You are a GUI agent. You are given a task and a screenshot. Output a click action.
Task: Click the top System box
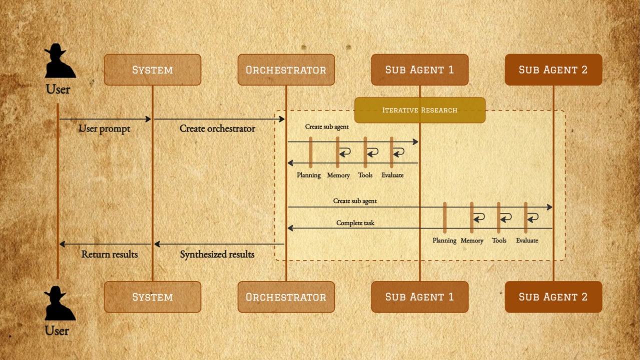click(x=153, y=70)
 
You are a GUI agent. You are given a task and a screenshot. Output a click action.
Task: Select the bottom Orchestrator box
click(x=286, y=297)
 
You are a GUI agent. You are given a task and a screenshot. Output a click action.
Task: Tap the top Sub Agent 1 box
click(x=419, y=70)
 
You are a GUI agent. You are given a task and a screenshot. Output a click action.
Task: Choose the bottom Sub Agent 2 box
click(x=553, y=297)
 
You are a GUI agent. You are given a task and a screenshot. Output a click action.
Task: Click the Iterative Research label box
click(x=419, y=110)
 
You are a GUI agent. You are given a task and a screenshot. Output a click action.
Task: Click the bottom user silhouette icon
click(x=60, y=303)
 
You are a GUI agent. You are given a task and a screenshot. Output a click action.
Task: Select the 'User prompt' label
click(x=104, y=129)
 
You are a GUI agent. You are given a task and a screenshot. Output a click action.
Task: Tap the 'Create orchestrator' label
click(x=217, y=129)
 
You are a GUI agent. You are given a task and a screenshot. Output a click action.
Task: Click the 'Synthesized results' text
click(x=217, y=254)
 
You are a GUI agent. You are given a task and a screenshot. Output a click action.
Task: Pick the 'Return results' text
click(x=110, y=254)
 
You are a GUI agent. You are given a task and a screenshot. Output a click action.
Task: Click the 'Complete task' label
click(x=355, y=223)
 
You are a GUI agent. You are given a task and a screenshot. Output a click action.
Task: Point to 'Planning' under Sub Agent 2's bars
click(x=444, y=240)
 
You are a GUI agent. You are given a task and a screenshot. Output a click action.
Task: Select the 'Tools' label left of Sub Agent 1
click(x=365, y=175)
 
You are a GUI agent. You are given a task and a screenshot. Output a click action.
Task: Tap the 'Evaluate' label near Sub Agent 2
click(x=527, y=240)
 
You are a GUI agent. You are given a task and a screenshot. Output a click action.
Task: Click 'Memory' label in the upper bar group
click(x=338, y=175)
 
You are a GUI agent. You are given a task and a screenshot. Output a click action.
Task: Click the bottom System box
click(x=153, y=297)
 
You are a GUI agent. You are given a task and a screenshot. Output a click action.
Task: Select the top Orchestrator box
click(x=286, y=70)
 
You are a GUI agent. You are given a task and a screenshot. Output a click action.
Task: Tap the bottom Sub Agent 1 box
click(x=419, y=297)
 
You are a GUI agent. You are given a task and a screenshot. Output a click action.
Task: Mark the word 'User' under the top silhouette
click(x=58, y=90)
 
